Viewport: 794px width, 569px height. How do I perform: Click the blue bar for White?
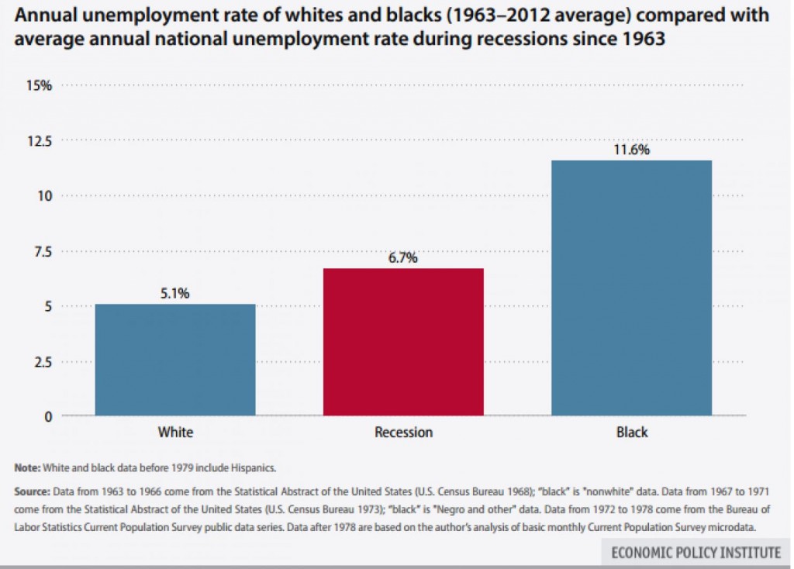pyautogui.click(x=175, y=360)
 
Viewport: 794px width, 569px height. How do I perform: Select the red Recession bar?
pyautogui.click(x=403, y=342)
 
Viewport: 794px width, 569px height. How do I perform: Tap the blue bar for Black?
pyautogui.click(x=631, y=288)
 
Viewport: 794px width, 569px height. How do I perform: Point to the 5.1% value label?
pyautogui.click(x=175, y=294)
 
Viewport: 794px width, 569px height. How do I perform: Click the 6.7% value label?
pyautogui.click(x=403, y=258)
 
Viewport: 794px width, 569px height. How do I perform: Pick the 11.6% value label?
pyautogui.click(x=631, y=150)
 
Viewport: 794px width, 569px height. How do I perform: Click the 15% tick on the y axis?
pyautogui.click(x=40, y=85)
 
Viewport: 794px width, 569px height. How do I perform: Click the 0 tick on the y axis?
pyautogui.click(x=48, y=416)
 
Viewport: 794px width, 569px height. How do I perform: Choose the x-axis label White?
pyautogui.click(x=175, y=432)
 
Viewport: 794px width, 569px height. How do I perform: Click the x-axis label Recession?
pyautogui.click(x=403, y=432)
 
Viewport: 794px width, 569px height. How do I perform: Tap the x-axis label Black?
pyautogui.click(x=631, y=432)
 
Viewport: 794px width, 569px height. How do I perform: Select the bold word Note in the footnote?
pyautogui.click(x=28, y=468)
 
